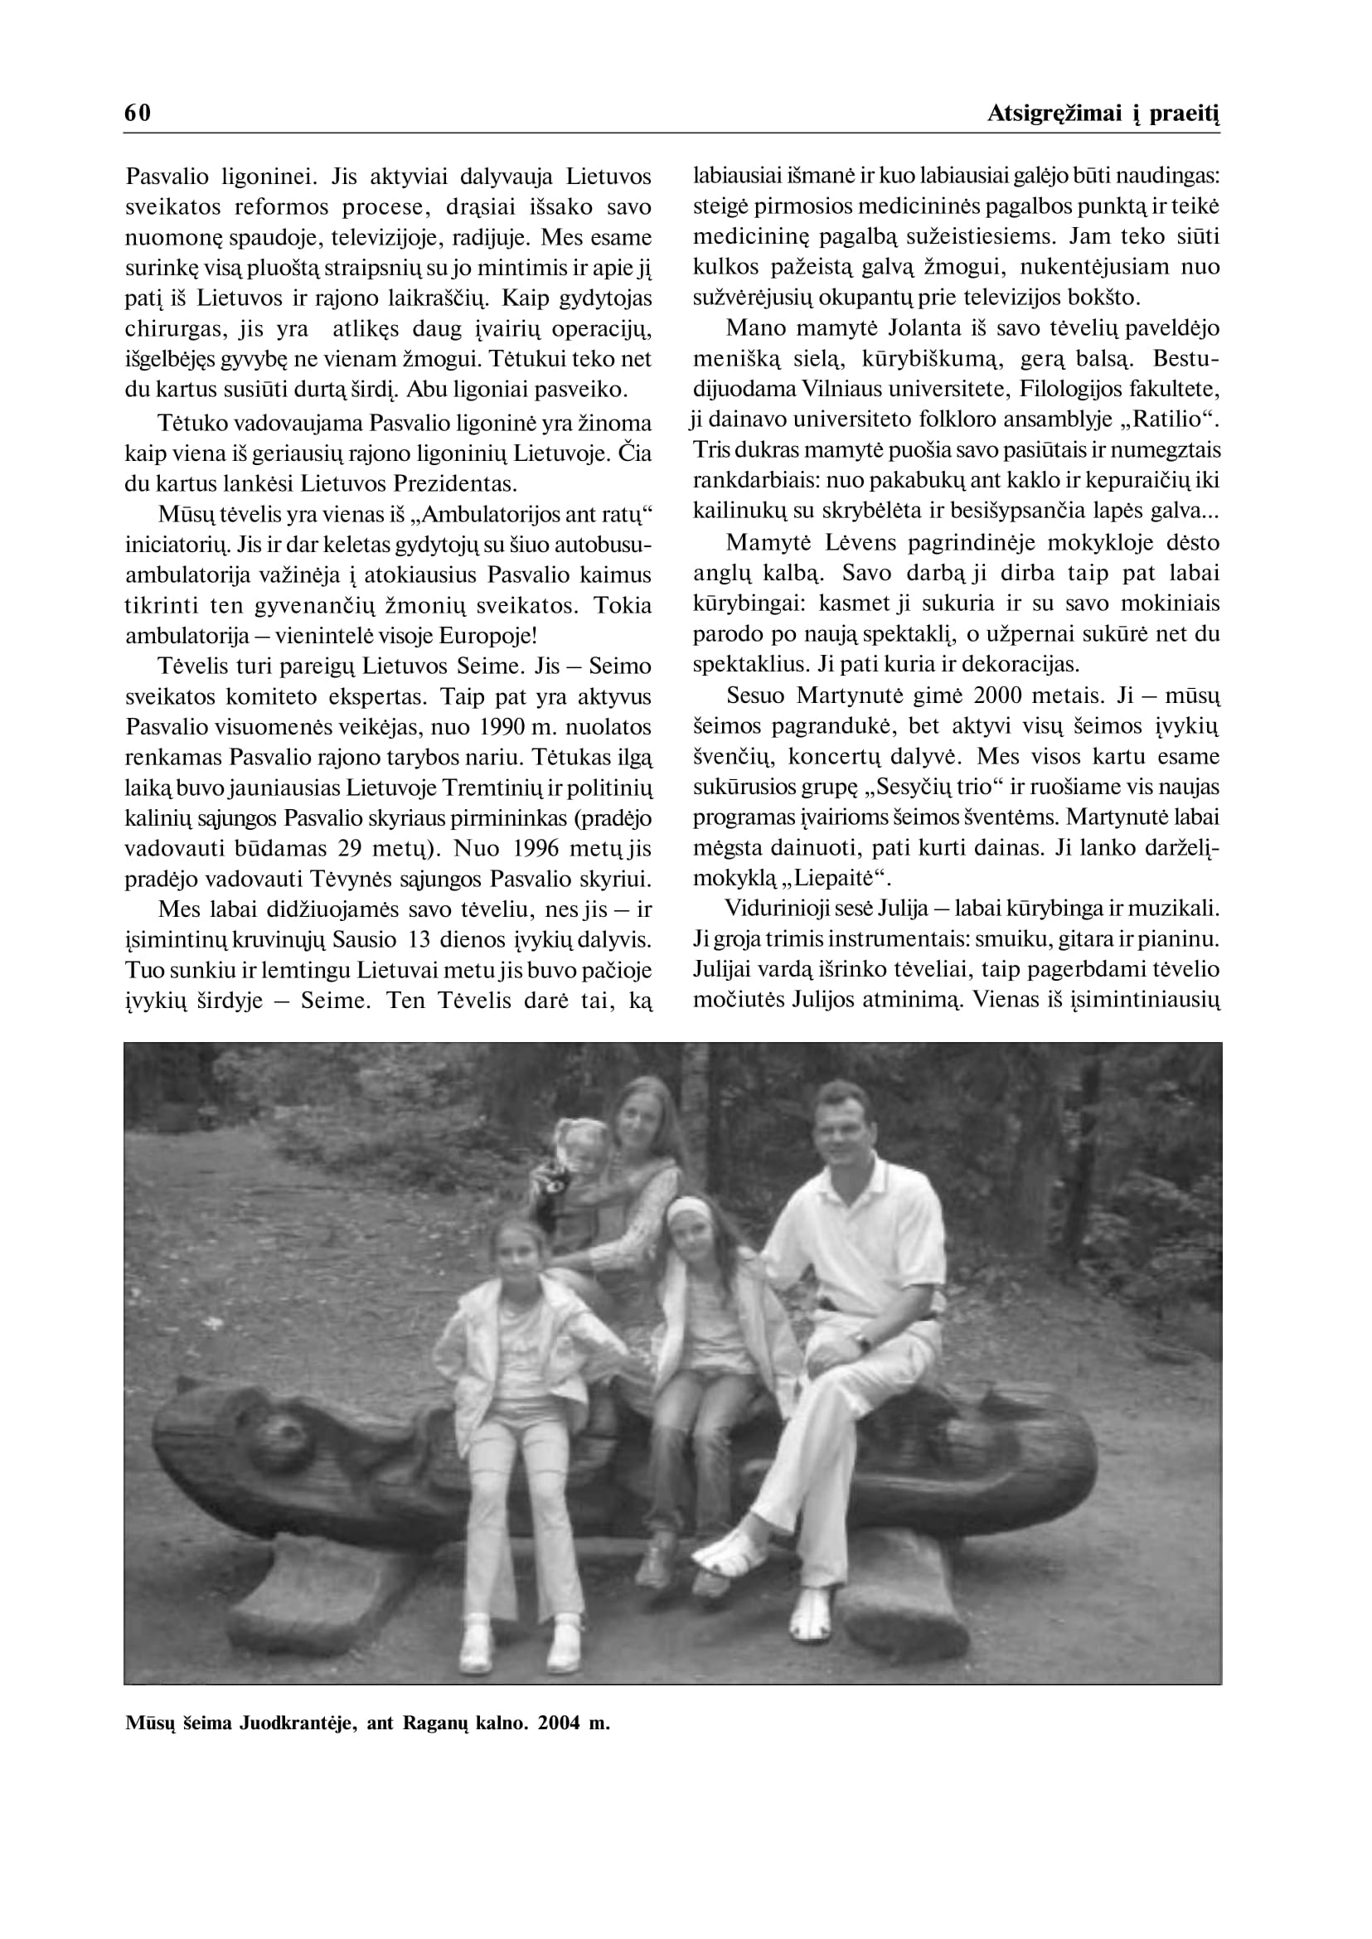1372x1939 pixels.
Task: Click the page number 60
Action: (138, 114)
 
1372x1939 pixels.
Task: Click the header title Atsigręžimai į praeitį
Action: (1103, 114)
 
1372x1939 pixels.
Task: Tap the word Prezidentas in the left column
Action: (458, 484)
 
